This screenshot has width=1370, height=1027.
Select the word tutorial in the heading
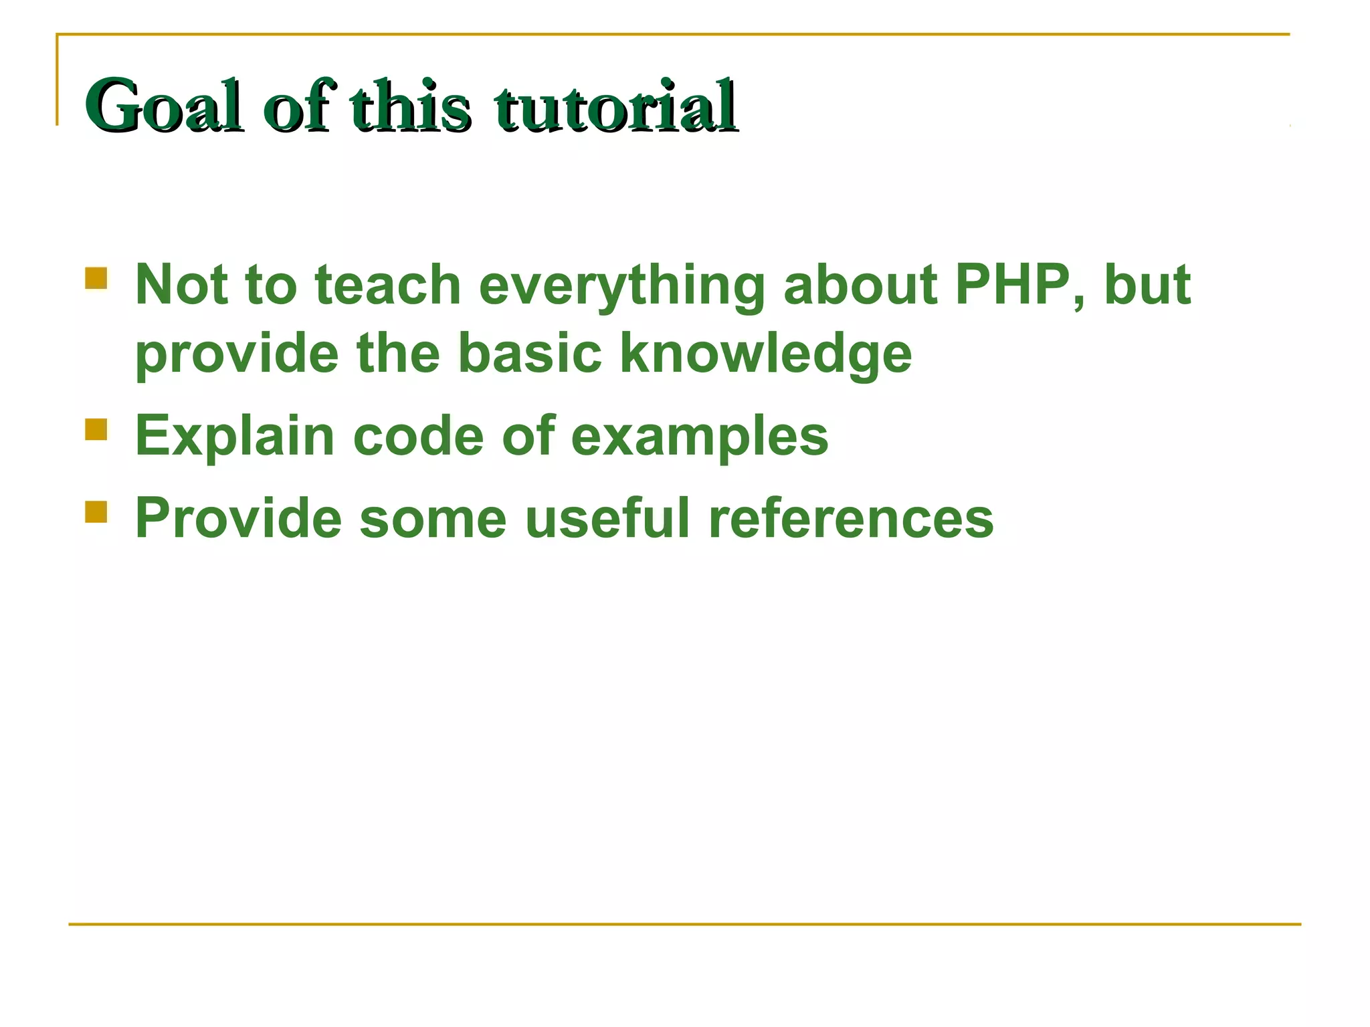pyautogui.click(x=615, y=106)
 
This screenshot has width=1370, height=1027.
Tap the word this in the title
pyautogui.click(x=409, y=106)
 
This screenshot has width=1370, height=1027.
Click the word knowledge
pyautogui.click(x=765, y=354)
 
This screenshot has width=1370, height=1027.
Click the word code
pyautogui.click(x=418, y=436)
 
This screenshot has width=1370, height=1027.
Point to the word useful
pyautogui.click(x=607, y=518)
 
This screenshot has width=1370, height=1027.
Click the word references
pyautogui.click(x=851, y=519)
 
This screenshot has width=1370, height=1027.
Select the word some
pyautogui.click(x=433, y=519)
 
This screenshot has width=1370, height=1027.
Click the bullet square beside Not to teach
pyautogui.click(x=96, y=278)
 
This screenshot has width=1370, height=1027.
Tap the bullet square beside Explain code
pyautogui.click(x=96, y=429)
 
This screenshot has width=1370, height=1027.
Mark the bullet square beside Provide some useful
pyautogui.click(x=96, y=511)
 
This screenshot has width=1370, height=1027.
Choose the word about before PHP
pyautogui.click(x=861, y=285)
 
